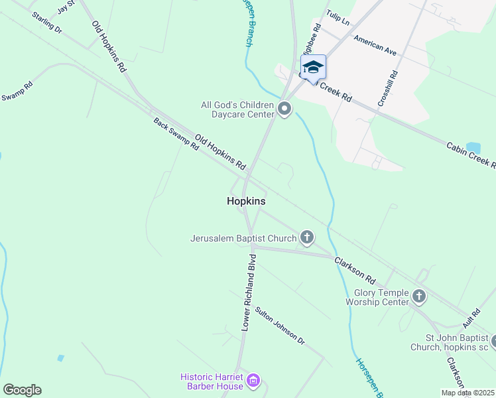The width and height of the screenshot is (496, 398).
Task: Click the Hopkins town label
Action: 246,200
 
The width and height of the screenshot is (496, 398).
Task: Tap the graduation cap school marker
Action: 313,66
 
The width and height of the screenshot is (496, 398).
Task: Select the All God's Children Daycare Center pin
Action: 285,109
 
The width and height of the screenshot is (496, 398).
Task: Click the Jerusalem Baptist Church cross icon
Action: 306,237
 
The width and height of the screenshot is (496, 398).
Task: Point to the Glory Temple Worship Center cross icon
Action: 418,296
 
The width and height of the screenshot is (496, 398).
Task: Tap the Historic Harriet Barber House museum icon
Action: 252,381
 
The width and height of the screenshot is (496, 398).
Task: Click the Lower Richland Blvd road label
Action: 249,292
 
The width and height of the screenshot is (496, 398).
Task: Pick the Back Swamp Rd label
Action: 176,135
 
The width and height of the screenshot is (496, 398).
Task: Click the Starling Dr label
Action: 46,22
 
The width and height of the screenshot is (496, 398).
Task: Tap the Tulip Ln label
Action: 338,18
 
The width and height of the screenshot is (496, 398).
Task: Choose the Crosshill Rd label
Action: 388,88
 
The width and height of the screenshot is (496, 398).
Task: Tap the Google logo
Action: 22,389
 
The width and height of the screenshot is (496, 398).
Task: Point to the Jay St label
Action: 66,7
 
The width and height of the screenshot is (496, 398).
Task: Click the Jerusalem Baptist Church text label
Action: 243,237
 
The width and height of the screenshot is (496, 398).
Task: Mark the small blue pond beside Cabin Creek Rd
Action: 473,147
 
